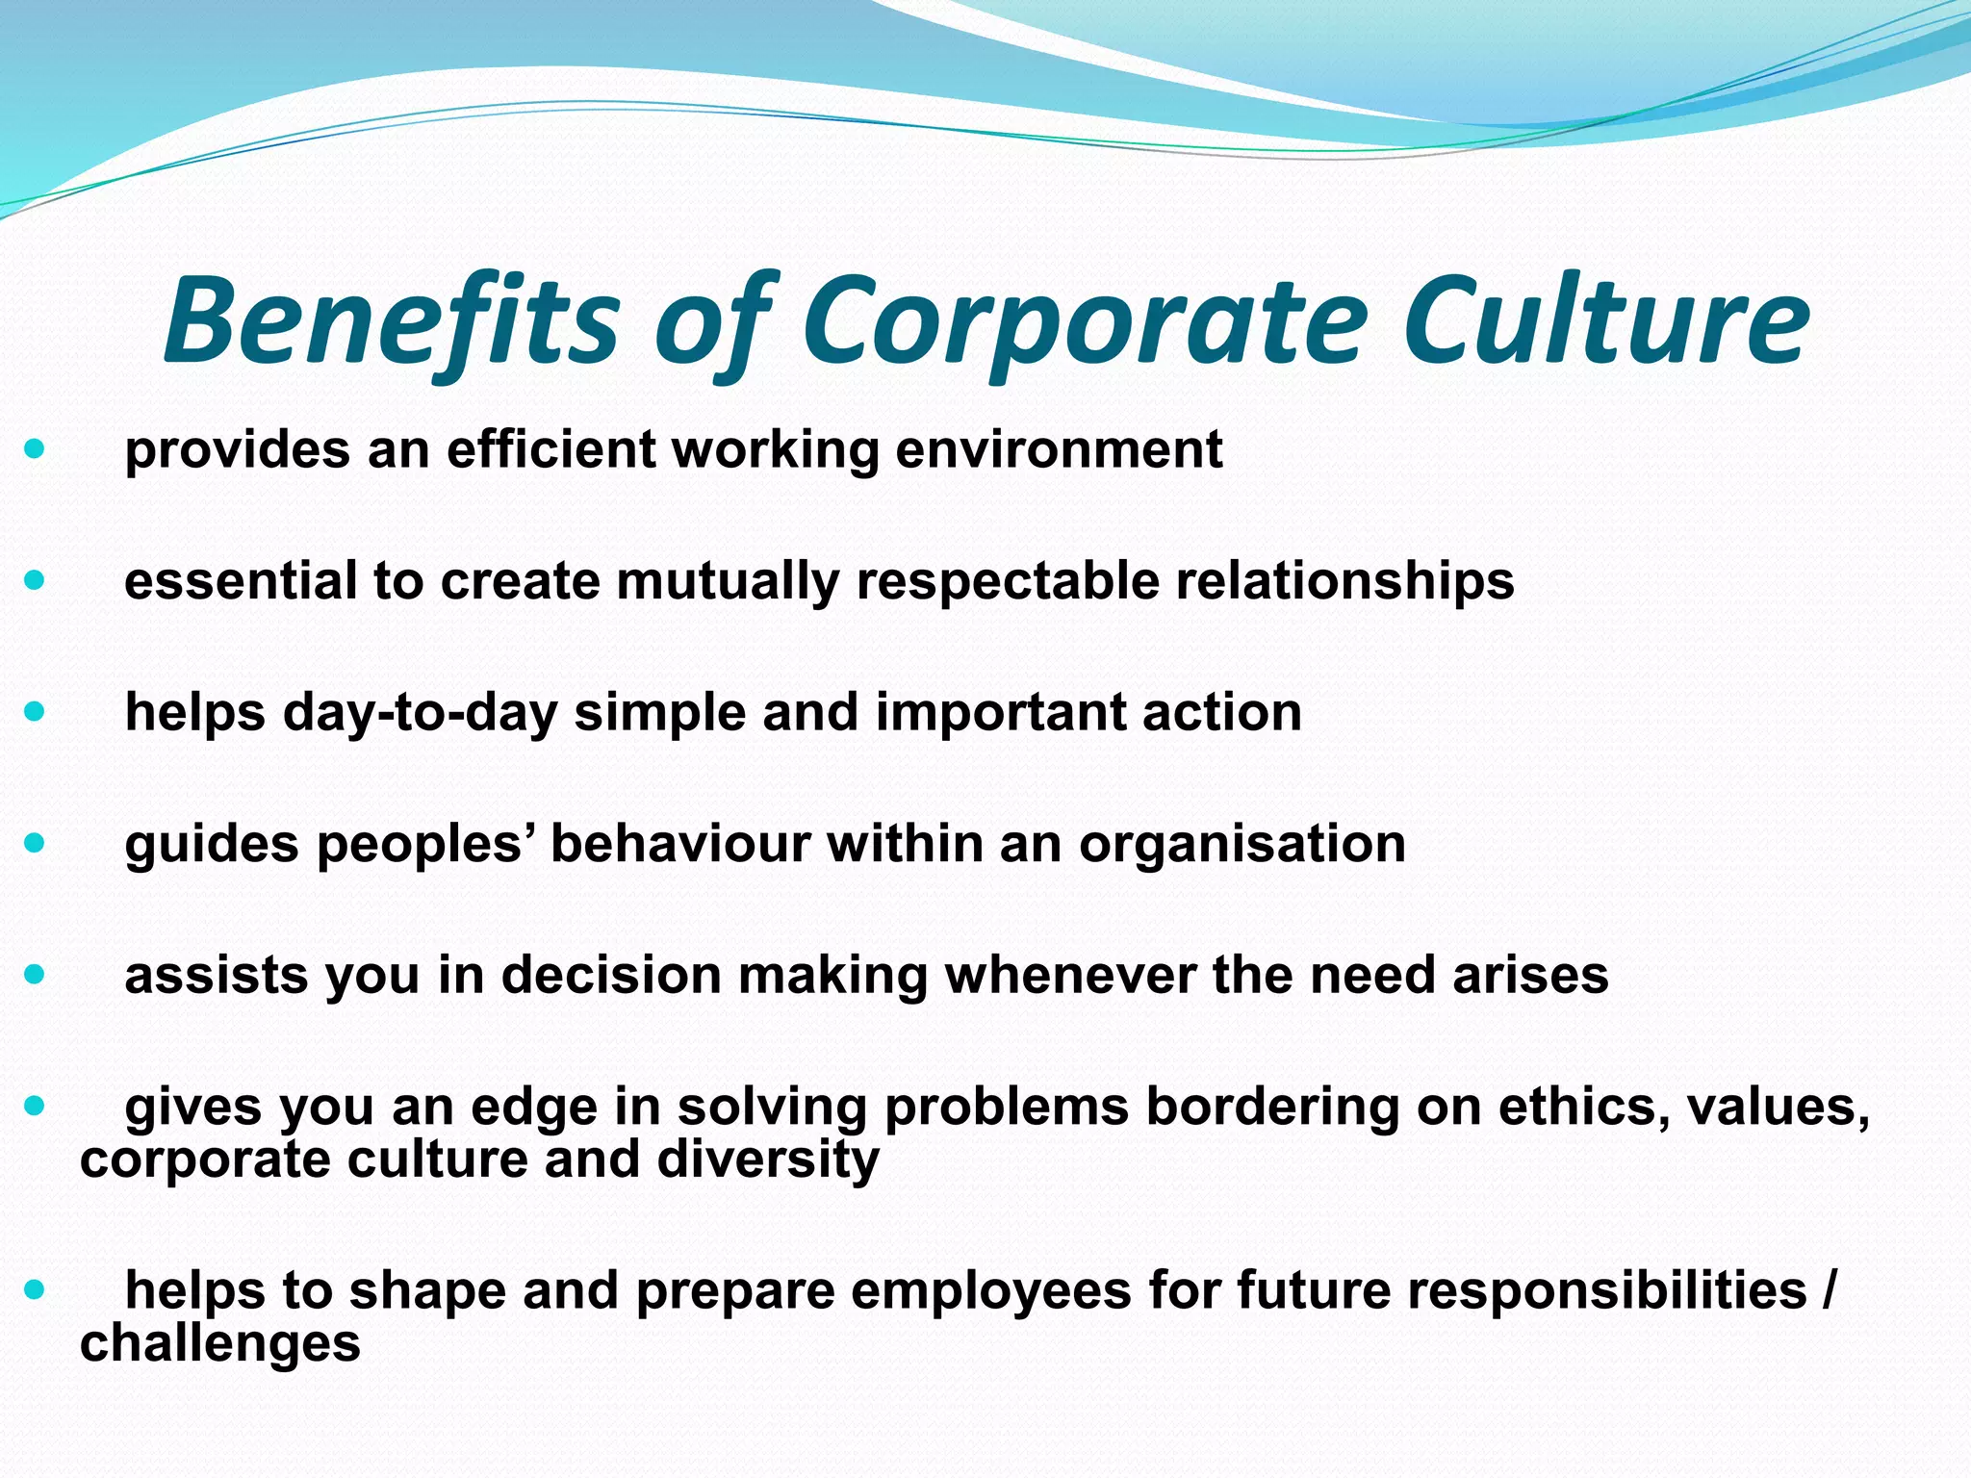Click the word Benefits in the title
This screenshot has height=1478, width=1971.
tap(390, 320)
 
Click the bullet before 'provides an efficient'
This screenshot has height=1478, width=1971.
tap(35, 448)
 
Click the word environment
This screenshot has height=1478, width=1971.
tap(1059, 449)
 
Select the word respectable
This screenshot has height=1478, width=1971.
tap(1007, 581)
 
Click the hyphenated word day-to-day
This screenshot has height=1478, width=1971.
tap(420, 713)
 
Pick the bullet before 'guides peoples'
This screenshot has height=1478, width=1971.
tap(35, 844)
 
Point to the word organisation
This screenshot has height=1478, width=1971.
tap(1241, 844)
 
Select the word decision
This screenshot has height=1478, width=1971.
tap(611, 975)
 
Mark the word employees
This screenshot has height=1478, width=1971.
tap(991, 1291)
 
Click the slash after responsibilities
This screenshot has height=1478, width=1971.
tap(1828, 1290)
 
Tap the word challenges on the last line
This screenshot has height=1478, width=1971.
tap(219, 1343)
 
